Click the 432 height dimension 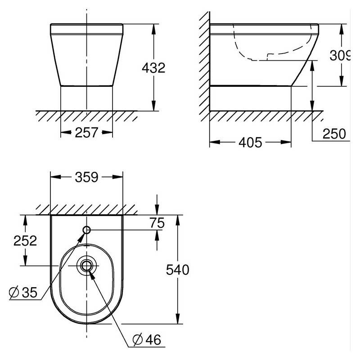(x=153, y=68)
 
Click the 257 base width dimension (x=86, y=132)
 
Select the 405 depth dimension (x=250, y=143)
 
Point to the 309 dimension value (x=340, y=55)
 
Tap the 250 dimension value (x=334, y=134)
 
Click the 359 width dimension (x=86, y=177)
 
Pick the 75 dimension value (x=157, y=223)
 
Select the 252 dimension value (x=25, y=241)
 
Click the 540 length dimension (x=178, y=270)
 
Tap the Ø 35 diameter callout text (x=23, y=292)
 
